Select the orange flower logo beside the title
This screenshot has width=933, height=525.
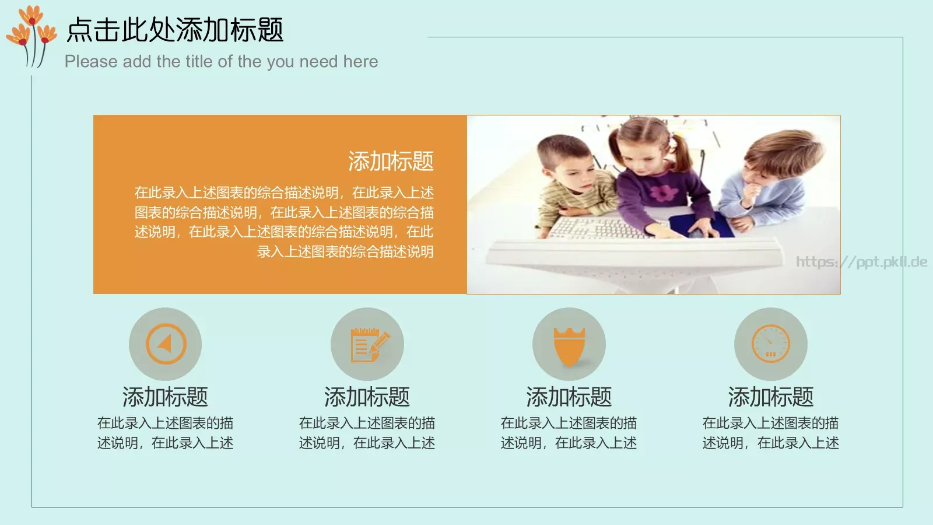click(32, 35)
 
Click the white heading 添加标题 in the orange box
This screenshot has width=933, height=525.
click(391, 162)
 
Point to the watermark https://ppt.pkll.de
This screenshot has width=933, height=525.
click(861, 262)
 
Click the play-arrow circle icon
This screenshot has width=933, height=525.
click(166, 344)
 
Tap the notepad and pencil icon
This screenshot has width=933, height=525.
click(367, 344)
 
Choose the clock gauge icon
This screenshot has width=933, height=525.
click(770, 344)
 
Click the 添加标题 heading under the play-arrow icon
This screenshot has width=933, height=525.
click(165, 397)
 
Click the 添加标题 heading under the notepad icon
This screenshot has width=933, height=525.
click(367, 397)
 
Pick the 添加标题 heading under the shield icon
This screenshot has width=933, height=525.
click(569, 397)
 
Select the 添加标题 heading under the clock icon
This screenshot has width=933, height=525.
click(770, 397)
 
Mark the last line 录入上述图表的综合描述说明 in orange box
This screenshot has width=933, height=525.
click(345, 252)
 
